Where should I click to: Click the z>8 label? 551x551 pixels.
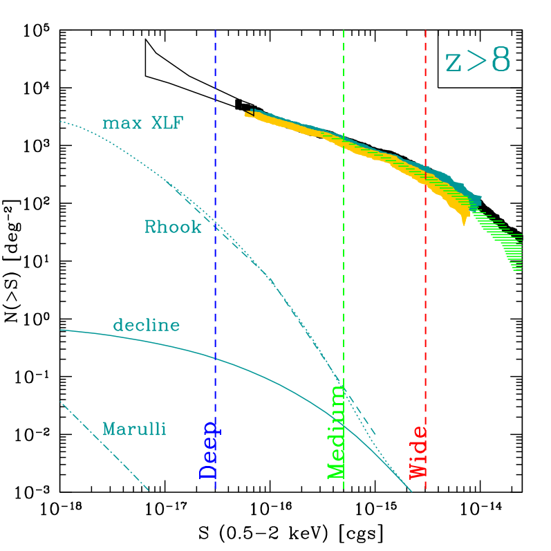[x=477, y=62]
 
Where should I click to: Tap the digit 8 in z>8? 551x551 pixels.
[x=500, y=61]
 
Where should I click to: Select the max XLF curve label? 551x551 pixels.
[x=143, y=124]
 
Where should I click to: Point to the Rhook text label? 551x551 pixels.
[x=173, y=227]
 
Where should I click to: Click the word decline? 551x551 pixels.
[x=146, y=325]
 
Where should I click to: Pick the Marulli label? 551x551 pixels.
[x=134, y=429]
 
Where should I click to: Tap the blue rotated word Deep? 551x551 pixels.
[x=209, y=449]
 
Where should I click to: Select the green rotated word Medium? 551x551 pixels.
[x=336, y=432]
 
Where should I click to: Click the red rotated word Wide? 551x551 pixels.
[x=419, y=453]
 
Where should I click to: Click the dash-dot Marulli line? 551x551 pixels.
[x=104, y=445]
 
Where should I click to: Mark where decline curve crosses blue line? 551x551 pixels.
[x=216, y=358]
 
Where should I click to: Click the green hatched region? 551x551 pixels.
[x=505, y=239]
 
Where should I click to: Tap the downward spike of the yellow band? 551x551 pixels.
[x=464, y=220]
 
